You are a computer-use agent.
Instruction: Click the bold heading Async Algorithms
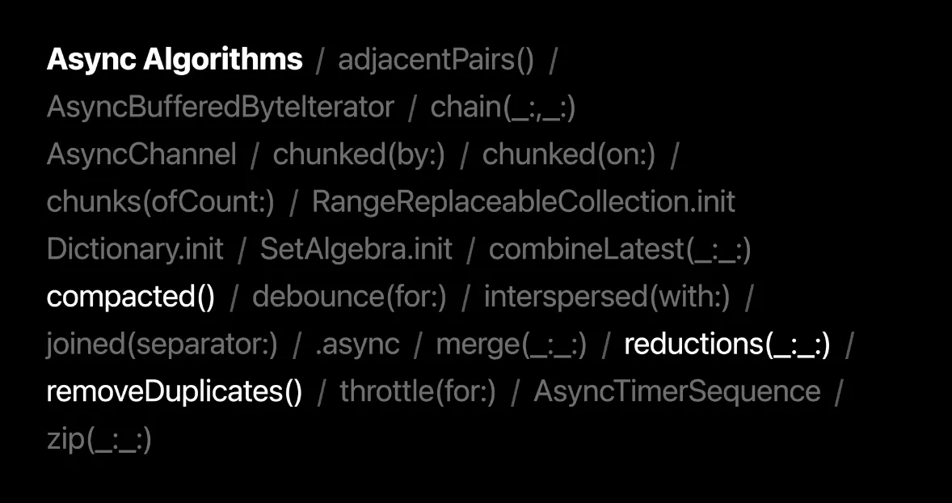pyautogui.click(x=175, y=60)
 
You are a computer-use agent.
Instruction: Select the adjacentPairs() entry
pyautogui.click(x=436, y=61)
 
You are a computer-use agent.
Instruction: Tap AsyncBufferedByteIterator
pyautogui.click(x=220, y=108)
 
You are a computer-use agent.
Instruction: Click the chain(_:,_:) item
pyautogui.click(x=503, y=108)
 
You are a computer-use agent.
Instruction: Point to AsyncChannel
pyautogui.click(x=141, y=154)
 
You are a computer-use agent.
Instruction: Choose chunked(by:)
pyautogui.click(x=359, y=154)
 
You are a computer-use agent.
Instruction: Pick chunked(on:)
pyautogui.click(x=568, y=154)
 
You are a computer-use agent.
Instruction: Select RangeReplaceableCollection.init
pyautogui.click(x=524, y=202)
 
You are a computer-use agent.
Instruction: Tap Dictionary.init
pyautogui.click(x=135, y=249)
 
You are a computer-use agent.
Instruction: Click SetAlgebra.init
pyautogui.click(x=356, y=249)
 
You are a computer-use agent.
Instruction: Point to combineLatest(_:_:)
pyautogui.click(x=620, y=249)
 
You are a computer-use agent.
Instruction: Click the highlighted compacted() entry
pyautogui.click(x=131, y=297)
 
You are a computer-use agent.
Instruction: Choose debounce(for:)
pyautogui.click(x=349, y=297)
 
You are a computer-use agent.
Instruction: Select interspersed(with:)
pyautogui.click(x=607, y=297)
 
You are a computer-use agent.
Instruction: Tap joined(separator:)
pyautogui.click(x=162, y=344)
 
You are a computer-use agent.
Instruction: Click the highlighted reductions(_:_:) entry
pyautogui.click(x=727, y=344)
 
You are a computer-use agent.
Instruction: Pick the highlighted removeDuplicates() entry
pyautogui.click(x=175, y=391)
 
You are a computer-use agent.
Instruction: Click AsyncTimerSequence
pyautogui.click(x=677, y=391)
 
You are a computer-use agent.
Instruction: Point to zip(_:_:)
pyautogui.click(x=99, y=439)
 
